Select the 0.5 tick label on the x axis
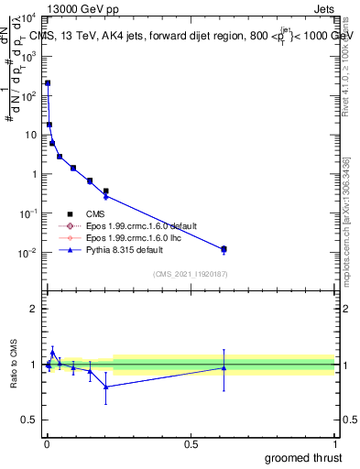[191, 443]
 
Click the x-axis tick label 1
[335, 443]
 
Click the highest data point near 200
[48, 83]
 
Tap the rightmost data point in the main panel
[224, 249]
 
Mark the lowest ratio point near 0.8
[106, 387]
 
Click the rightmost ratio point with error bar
[224, 368]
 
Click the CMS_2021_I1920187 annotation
[190, 273]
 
